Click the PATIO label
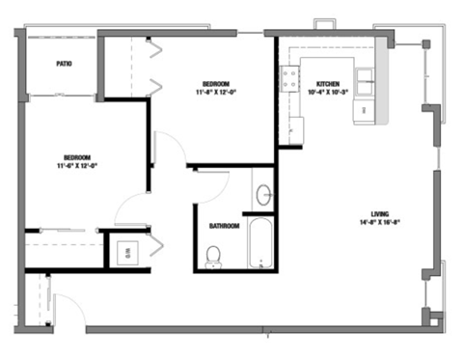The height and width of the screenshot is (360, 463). point(64,64)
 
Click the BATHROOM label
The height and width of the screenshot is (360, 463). point(224,227)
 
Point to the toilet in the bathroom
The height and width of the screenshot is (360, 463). point(213,255)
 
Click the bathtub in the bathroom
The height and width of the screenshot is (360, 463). point(259,245)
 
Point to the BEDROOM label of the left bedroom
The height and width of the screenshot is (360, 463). point(77,156)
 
